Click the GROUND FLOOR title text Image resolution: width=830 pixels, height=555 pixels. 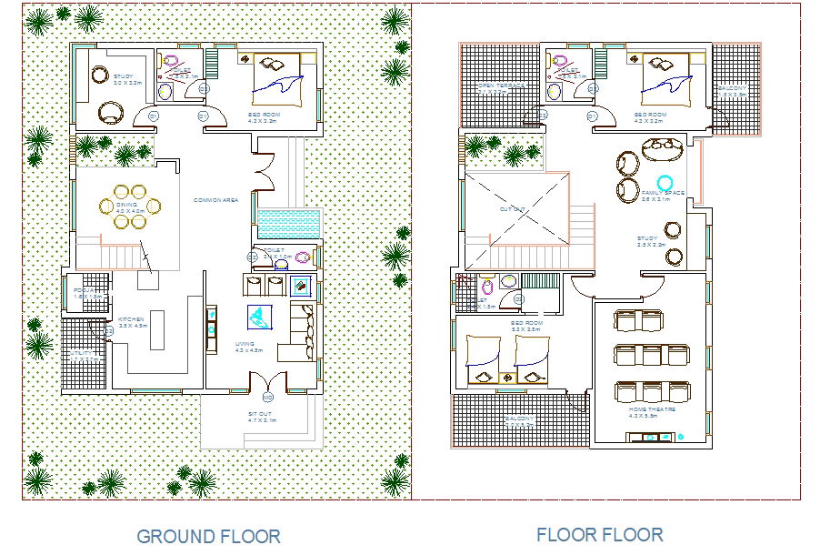pos(208,536)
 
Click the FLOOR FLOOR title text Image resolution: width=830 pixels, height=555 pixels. pos(599,534)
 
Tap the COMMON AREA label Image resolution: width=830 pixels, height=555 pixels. pos(215,200)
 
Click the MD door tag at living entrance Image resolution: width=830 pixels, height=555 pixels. pos(267,399)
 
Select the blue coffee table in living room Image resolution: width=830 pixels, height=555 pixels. pos(260,317)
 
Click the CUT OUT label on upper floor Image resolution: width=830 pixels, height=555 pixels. pos(513,209)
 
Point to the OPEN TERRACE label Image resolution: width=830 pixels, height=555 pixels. pos(501,87)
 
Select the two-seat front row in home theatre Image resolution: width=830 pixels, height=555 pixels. pos(638,320)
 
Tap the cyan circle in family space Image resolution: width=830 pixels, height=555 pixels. pos(665,182)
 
